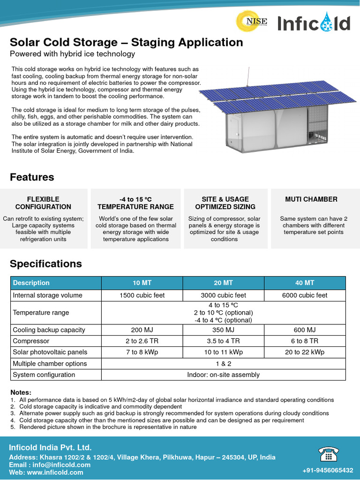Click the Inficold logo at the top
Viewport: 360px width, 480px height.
pyautogui.click(x=314, y=23)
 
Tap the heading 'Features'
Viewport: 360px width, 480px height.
pyautogui.click(x=32, y=177)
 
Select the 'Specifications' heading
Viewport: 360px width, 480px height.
pyautogui.click(x=46, y=264)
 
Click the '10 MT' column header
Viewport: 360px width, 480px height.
pyautogui.click(x=142, y=283)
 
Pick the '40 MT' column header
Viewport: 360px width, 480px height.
pyautogui.click(x=305, y=283)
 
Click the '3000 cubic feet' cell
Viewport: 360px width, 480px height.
pyautogui.click(x=223, y=295)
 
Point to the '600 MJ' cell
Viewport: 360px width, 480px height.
pyautogui.click(x=305, y=330)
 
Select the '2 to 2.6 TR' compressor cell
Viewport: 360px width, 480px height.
pyautogui.click(x=142, y=341)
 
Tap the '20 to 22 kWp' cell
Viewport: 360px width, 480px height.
pyautogui.click(x=305, y=352)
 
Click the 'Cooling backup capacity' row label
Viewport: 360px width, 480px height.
pyautogui.click(x=49, y=330)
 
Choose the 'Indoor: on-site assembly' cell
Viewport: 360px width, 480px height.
pyautogui.click(x=223, y=375)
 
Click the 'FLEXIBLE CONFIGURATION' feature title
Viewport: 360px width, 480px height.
pyautogui.click(x=43, y=203)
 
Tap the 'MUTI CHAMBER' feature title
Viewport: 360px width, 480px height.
pyautogui.click(x=311, y=199)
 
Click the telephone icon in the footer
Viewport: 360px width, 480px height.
pyautogui.click(x=329, y=454)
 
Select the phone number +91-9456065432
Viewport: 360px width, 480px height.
pyautogui.click(x=328, y=470)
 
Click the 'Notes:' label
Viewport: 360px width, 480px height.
pyautogui.click(x=21, y=392)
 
